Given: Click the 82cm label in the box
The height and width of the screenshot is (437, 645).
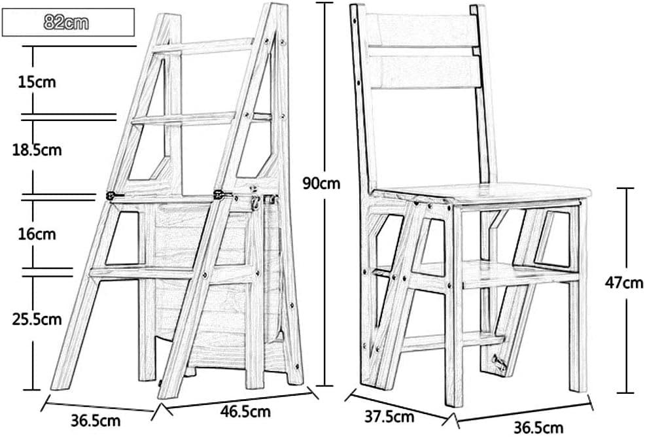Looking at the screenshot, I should (67, 23).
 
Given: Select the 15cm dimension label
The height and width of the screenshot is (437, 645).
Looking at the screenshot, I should (37, 82).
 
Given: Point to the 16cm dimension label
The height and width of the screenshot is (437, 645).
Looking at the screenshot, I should (37, 234).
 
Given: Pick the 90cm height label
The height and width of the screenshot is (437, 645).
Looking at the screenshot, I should (321, 184).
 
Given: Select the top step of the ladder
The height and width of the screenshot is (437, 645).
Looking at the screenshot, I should (203, 45).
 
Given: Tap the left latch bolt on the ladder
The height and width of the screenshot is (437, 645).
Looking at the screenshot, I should (115, 194).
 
